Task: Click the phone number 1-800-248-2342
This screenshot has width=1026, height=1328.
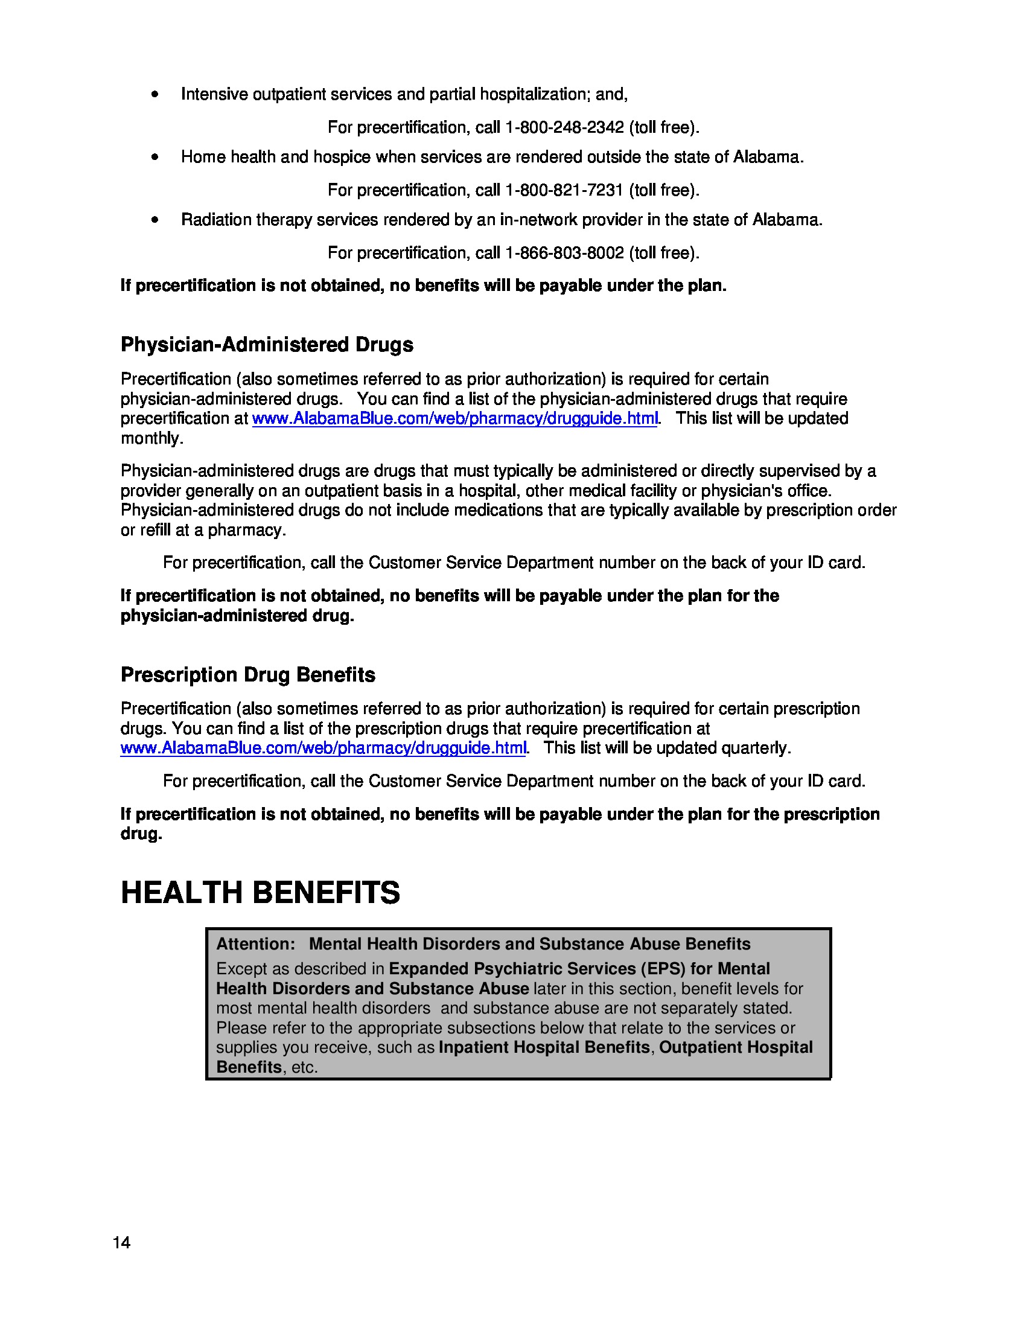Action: [x=565, y=127]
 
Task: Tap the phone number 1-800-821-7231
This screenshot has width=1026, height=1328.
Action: [x=565, y=190]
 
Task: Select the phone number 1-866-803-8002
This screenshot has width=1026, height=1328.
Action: [x=565, y=253]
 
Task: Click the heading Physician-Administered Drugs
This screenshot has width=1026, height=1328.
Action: [x=267, y=345]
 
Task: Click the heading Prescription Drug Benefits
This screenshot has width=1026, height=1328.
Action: [x=248, y=675]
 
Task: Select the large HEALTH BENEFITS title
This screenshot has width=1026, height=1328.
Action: [x=260, y=893]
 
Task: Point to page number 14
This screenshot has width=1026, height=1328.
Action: [x=121, y=1242]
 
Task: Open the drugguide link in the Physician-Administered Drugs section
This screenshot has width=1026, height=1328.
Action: [x=454, y=419]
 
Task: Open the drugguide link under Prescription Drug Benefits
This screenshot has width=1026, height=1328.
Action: [x=323, y=748]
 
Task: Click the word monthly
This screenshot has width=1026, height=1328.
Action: [x=151, y=438]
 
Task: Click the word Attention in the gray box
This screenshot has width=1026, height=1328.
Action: [x=255, y=943]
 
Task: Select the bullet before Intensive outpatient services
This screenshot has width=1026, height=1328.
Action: [x=156, y=94]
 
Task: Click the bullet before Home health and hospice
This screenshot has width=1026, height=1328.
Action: [x=156, y=157]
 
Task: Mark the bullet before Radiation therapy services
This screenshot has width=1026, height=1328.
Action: [x=156, y=220]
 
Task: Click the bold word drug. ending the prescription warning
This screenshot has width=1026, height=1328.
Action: [x=141, y=834]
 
